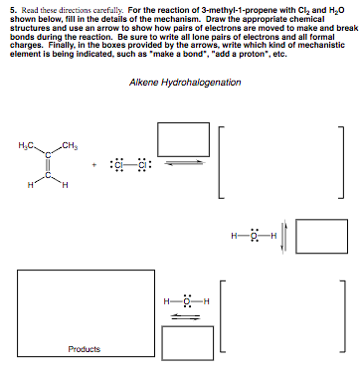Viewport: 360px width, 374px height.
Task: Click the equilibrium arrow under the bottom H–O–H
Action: (x=181, y=317)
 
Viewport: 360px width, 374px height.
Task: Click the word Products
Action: (x=83, y=349)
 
